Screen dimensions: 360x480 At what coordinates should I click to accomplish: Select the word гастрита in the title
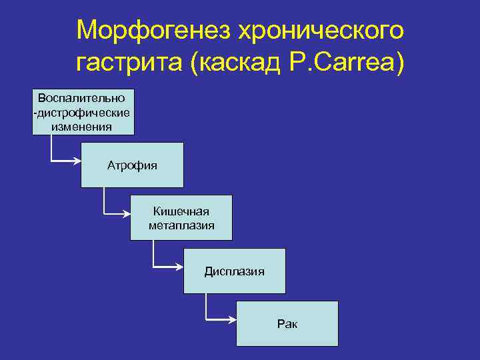coord(129,64)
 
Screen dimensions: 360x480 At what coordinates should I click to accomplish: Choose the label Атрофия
coord(132,165)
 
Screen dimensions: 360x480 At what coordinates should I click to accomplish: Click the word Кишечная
coord(181,211)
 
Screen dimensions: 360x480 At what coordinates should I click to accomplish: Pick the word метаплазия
coord(181,225)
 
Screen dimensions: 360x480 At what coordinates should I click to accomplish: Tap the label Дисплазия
coord(234,271)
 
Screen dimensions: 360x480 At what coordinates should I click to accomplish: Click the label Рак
coord(287,324)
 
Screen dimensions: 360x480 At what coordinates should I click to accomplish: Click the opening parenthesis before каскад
coord(194,64)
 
